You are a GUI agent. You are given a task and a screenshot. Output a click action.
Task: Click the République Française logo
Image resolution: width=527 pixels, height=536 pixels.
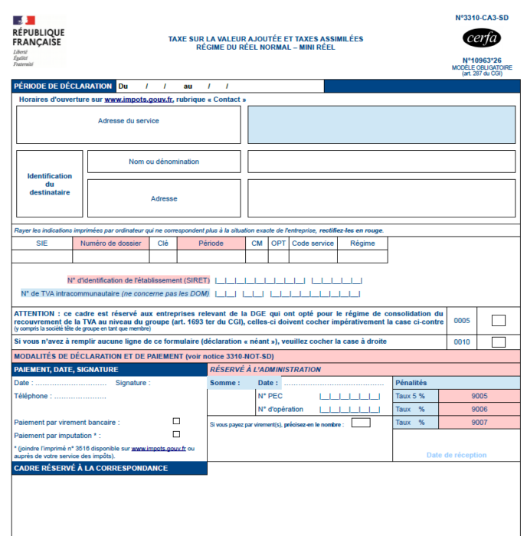[38, 40]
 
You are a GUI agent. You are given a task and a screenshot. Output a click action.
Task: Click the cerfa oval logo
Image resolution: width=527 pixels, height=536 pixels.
[482, 38]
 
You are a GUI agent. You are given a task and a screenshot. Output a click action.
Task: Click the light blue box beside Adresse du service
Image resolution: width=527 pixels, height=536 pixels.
[381, 125]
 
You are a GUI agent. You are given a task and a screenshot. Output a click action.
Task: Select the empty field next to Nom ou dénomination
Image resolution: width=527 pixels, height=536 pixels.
[381, 162]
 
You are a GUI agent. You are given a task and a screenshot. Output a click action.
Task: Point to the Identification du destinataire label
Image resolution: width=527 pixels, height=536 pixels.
[50, 184]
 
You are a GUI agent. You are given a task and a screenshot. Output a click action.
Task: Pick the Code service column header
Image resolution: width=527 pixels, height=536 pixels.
[313, 243]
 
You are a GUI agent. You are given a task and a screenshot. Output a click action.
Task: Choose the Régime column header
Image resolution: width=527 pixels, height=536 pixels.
[362, 243]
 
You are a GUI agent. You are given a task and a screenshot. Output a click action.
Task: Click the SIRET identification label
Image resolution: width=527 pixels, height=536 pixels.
[138, 279]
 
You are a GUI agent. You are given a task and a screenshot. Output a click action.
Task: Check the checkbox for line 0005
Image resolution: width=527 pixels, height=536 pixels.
[498, 321]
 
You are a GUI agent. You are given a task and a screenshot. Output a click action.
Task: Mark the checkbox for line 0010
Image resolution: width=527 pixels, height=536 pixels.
[498, 342]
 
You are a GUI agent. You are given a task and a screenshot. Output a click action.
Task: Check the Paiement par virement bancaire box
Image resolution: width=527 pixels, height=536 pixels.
[176, 421]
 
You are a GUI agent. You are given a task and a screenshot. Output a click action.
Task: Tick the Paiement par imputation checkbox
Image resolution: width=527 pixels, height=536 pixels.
[176, 434]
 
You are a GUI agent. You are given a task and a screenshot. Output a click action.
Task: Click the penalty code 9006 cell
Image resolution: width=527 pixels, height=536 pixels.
[480, 409]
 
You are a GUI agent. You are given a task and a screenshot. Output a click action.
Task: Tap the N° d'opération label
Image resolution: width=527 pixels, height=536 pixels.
[280, 409]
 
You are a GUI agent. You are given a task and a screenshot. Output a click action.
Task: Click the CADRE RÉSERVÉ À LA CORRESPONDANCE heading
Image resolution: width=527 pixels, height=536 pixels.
[90, 468]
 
